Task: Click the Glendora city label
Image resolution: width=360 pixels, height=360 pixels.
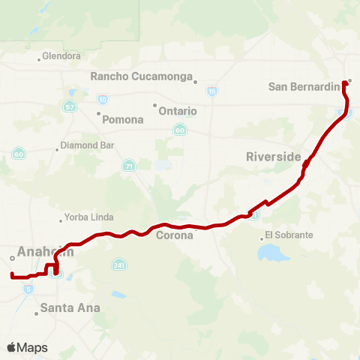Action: pyautogui.click(x=61, y=56)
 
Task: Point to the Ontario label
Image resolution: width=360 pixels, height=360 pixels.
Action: pyautogui.click(x=178, y=111)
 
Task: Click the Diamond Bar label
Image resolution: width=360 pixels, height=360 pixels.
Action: pyautogui.click(x=85, y=145)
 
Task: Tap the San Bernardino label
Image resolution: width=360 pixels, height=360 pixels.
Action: pyautogui.click(x=304, y=87)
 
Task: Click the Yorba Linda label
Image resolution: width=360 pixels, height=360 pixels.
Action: pyautogui.click(x=88, y=217)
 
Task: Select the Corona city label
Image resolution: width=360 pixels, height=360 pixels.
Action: pyautogui.click(x=174, y=235)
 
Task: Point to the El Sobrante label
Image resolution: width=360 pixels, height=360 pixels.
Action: pyautogui.click(x=289, y=235)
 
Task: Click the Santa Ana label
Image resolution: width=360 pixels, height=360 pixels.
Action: pyautogui.click(x=70, y=307)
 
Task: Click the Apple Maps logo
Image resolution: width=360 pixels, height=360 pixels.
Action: pyautogui.click(x=27, y=347)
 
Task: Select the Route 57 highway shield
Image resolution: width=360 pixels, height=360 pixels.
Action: pyautogui.click(x=70, y=107)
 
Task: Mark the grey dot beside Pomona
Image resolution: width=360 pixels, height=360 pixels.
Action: pyautogui.click(x=98, y=114)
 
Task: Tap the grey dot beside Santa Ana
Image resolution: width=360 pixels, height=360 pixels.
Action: pyautogui.click(x=36, y=313)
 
